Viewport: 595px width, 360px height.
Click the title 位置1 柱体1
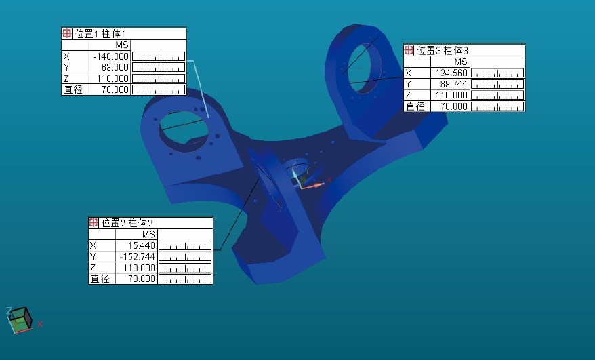click(100, 34)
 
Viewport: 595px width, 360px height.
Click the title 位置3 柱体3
click(442, 50)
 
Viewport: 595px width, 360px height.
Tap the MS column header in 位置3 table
click(461, 62)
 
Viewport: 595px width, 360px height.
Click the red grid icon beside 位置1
click(66, 34)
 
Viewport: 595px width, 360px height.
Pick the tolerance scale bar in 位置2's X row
click(185, 245)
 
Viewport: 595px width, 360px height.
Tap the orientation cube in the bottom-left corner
click(20, 319)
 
